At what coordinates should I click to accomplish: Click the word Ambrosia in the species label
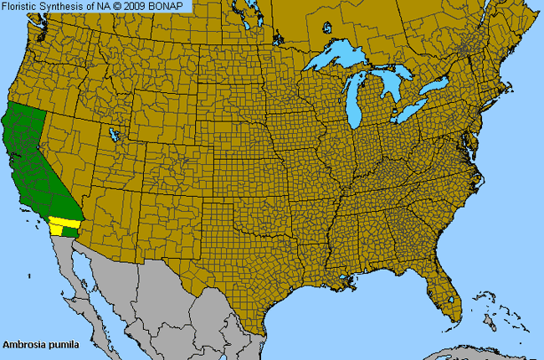(24, 344)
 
